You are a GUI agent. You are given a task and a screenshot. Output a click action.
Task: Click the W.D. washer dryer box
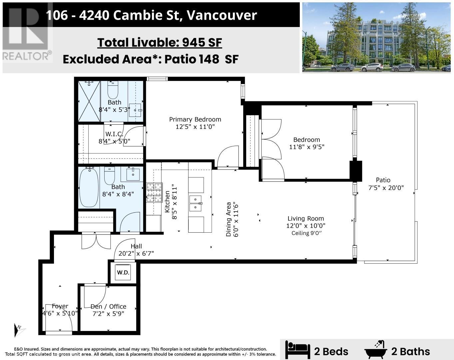tap(123, 272)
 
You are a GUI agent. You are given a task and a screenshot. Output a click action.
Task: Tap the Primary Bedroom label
tap(195, 119)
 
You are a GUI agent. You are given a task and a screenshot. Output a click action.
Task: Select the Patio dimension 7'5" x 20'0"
tap(386, 188)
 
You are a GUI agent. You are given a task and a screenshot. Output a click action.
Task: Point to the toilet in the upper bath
tap(113, 89)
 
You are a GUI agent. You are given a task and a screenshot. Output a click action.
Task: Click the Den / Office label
tap(108, 306)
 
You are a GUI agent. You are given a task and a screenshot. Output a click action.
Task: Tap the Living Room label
tap(305, 218)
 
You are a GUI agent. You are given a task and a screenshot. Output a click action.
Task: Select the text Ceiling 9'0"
tap(306, 233)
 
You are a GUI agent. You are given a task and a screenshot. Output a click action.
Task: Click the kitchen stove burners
tap(154, 193)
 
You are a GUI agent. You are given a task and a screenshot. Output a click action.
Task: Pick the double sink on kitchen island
tap(196, 203)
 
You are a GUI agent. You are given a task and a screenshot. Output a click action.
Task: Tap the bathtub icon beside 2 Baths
tap(376, 350)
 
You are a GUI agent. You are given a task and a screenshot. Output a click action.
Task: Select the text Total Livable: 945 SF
tap(160, 42)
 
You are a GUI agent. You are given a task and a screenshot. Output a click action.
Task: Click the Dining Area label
tap(228, 219)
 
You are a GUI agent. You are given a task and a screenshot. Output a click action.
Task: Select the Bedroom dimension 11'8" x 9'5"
tap(306, 147)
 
